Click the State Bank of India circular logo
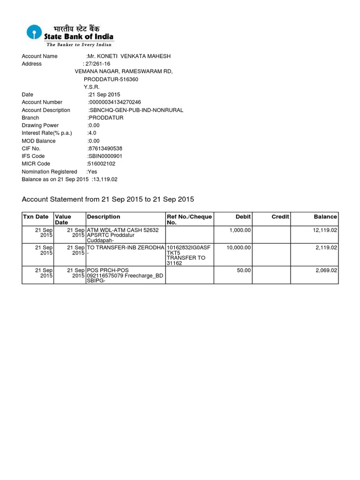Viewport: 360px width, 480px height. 33,32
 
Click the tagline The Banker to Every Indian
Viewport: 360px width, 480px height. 79,45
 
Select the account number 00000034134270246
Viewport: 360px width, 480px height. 115,102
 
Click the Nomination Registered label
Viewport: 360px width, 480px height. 49,172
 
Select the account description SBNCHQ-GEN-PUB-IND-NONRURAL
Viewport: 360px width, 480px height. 135,110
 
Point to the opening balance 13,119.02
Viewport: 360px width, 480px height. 105,180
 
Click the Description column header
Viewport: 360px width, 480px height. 104,217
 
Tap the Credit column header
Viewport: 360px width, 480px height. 280,217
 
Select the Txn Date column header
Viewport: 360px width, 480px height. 35,217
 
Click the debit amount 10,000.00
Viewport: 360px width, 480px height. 239,247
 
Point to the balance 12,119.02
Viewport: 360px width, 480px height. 322,231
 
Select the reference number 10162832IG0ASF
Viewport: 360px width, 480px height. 188,247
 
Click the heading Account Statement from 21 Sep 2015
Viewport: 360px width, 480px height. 108,200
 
